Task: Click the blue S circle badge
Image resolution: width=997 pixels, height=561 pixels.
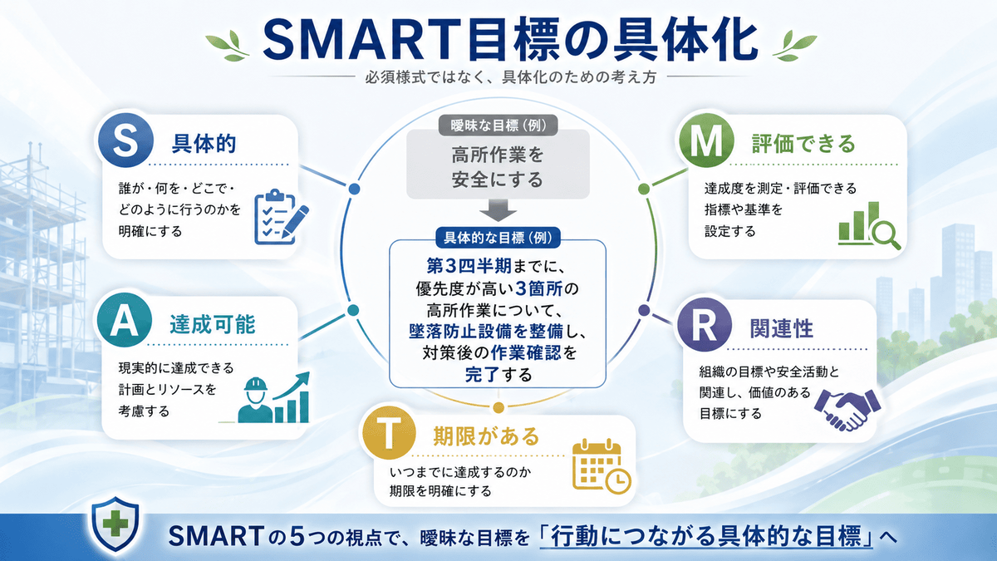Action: [125, 140]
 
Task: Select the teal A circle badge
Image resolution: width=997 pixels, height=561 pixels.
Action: [124, 320]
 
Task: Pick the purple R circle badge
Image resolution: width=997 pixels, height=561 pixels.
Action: [705, 325]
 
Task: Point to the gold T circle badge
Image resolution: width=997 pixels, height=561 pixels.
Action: [389, 432]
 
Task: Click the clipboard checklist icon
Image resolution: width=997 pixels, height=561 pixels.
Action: [281, 218]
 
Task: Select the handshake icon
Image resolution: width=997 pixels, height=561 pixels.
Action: [847, 410]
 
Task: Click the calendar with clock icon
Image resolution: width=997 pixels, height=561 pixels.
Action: [601, 466]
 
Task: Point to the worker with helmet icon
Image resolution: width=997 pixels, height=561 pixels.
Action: [256, 401]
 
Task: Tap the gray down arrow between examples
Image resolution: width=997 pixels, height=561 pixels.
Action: [498, 210]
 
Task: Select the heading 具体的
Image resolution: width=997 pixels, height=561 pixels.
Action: [204, 143]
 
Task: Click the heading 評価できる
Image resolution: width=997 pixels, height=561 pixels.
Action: [803, 144]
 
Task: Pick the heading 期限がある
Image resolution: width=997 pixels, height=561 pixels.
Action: [486, 436]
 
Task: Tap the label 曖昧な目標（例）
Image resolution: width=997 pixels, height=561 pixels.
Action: [498, 125]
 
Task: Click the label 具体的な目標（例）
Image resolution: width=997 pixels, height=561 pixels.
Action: [498, 239]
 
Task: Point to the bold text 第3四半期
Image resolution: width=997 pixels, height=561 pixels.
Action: [469, 266]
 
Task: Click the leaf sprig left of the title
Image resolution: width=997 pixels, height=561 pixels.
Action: [228, 45]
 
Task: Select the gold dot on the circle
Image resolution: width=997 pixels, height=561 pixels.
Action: [498, 407]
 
